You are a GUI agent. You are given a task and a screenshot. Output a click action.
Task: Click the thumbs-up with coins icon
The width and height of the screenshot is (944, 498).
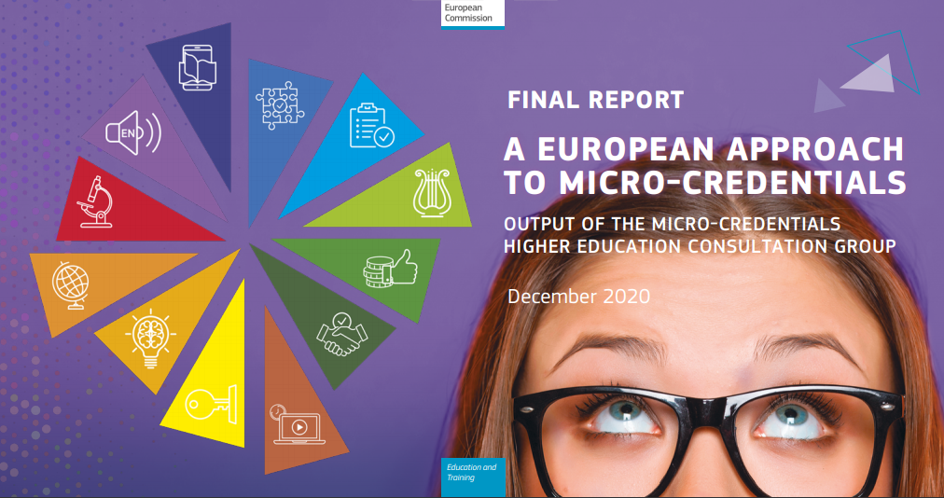[390, 269]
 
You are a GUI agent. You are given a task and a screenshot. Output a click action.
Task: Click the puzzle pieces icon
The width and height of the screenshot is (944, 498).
[279, 107]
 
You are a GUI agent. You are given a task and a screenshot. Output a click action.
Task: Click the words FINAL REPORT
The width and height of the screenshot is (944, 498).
[595, 100]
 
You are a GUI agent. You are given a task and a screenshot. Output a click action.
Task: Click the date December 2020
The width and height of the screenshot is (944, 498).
[578, 297]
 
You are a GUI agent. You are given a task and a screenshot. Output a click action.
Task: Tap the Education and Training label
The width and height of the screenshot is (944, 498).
[472, 472]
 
